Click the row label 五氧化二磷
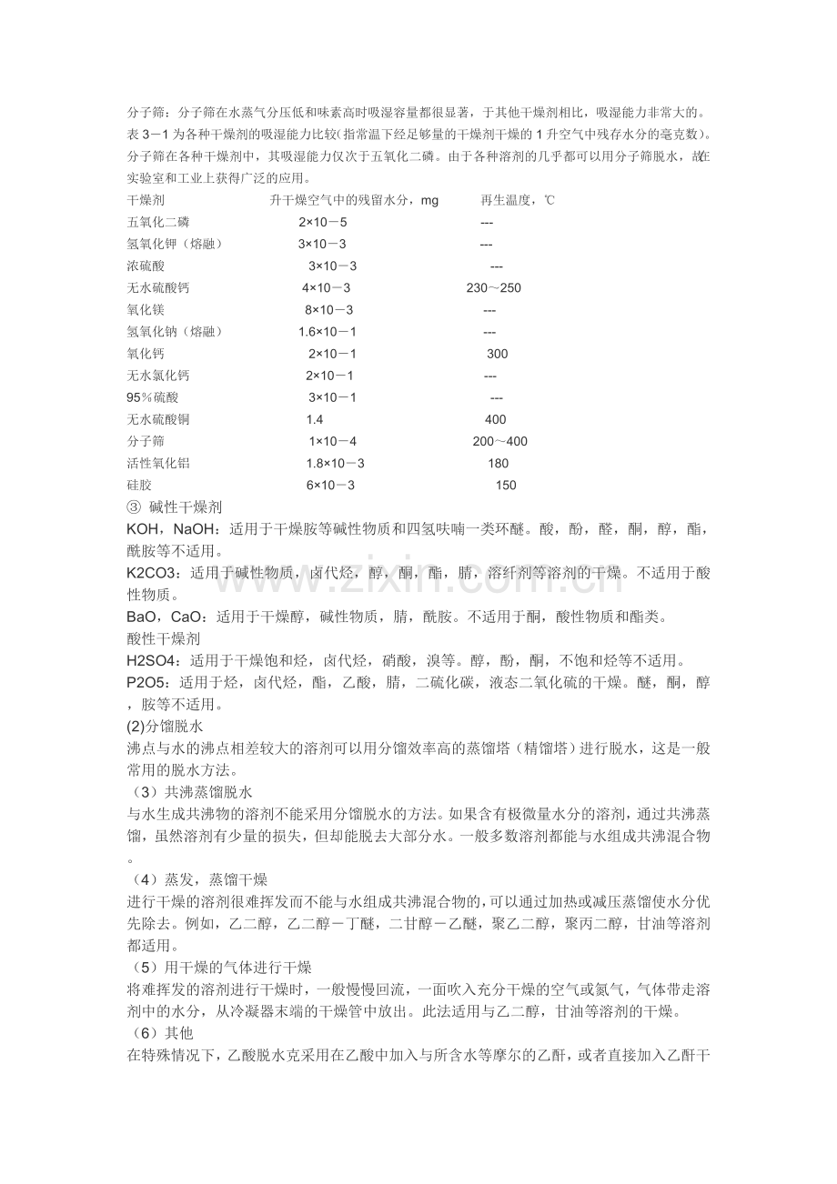(x=158, y=222)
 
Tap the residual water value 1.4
(x=315, y=419)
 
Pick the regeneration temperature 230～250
(x=494, y=288)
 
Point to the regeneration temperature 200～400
(x=499, y=441)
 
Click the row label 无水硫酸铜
(x=158, y=419)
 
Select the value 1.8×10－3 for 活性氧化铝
(x=335, y=463)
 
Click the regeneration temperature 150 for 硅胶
(x=506, y=485)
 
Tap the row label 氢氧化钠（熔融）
(x=175, y=332)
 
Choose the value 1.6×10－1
(x=328, y=332)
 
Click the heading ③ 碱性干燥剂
(x=175, y=507)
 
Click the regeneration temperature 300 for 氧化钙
(x=497, y=354)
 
